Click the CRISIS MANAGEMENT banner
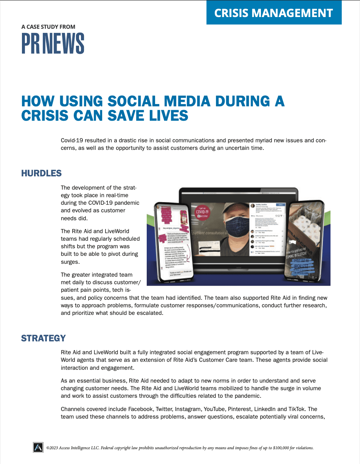(x=274, y=13)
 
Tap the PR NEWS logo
(x=53, y=44)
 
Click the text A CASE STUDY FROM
(x=48, y=27)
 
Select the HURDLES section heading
(x=41, y=173)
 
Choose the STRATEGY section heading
(x=43, y=338)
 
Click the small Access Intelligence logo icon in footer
(x=38, y=447)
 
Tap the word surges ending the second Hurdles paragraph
(x=70, y=262)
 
